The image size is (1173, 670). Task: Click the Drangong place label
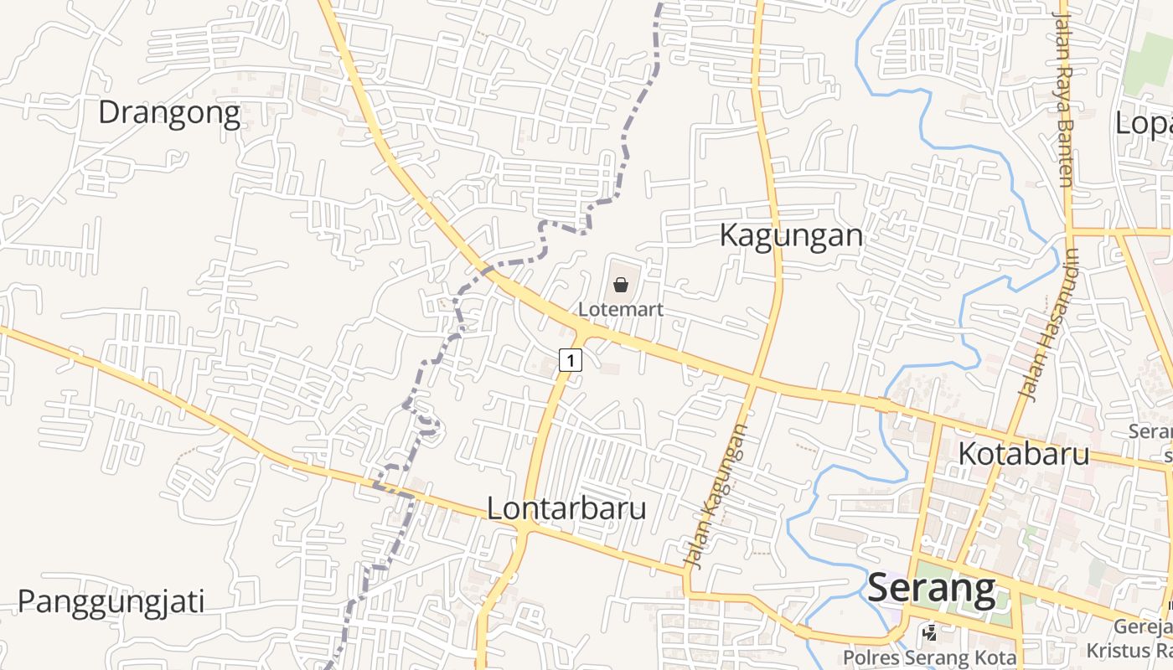click(x=169, y=113)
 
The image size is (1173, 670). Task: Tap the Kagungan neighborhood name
click(x=791, y=236)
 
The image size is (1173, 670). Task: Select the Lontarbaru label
click(x=566, y=508)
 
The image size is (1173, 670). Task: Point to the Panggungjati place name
click(x=111, y=601)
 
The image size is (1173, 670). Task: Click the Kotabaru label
click(x=1023, y=454)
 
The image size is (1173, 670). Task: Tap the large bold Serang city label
click(x=932, y=589)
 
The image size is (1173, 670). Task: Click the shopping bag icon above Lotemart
click(x=621, y=285)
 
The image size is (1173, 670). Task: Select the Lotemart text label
click(x=621, y=309)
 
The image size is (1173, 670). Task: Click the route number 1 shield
click(x=570, y=361)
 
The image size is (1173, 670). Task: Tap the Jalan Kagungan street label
click(x=716, y=496)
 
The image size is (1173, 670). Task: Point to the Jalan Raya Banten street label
click(x=1063, y=99)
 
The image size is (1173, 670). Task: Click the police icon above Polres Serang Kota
click(x=929, y=633)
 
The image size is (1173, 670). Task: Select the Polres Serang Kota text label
click(x=929, y=658)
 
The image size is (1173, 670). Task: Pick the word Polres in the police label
click(x=869, y=658)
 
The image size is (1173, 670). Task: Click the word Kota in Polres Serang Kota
click(x=996, y=658)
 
